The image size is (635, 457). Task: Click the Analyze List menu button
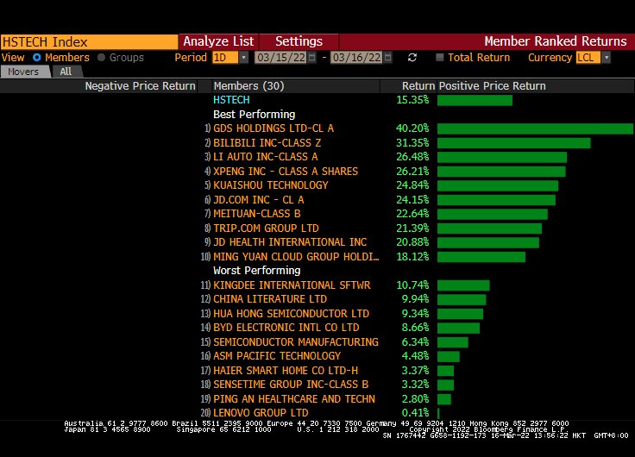[218, 41]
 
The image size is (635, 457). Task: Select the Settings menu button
[299, 41]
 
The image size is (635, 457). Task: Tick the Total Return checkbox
[440, 58]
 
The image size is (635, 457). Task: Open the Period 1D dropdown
[230, 58]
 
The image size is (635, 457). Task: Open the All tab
[66, 72]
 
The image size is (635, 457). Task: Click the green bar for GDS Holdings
[535, 128]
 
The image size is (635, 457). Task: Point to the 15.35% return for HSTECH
[412, 100]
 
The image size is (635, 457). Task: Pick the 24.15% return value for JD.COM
[412, 199]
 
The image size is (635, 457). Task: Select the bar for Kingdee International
[463, 285]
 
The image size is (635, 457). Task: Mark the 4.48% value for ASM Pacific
[415, 356]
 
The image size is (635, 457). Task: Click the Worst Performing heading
[254, 271]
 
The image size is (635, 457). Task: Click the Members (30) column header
[248, 86]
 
